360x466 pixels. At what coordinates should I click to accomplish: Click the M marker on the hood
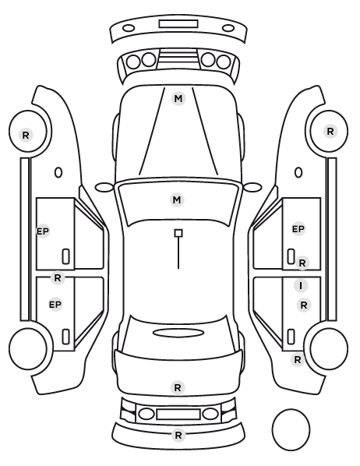click(178, 99)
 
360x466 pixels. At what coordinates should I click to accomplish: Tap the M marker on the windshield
click(177, 199)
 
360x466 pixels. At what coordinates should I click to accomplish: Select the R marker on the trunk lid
click(178, 388)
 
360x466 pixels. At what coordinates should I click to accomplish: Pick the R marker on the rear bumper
click(178, 436)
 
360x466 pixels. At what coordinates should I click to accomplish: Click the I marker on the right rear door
click(301, 286)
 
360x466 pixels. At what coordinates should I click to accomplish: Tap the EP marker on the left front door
click(43, 231)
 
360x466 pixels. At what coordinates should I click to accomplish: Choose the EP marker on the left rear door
click(55, 305)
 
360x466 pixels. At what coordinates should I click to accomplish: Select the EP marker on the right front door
click(298, 229)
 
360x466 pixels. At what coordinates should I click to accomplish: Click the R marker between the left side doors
click(58, 278)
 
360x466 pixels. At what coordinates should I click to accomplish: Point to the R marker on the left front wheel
click(26, 136)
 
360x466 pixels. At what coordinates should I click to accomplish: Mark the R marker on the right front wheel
click(330, 132)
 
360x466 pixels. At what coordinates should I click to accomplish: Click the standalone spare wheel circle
click(291, 409)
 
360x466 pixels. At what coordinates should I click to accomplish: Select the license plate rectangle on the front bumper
click(178, 24)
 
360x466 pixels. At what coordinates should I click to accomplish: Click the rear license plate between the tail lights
click(178, 415)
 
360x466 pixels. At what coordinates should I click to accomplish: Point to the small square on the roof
click(178, 233)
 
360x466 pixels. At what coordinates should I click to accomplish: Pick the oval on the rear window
click(178, 329)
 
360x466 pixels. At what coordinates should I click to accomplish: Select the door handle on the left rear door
click(65, 337)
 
